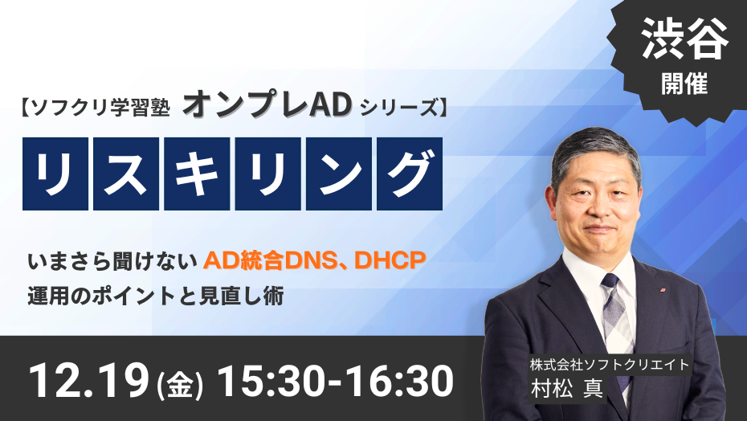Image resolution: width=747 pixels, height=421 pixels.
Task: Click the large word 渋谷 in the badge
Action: pos(684,39)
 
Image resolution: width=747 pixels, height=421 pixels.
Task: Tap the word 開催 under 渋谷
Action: pos(684,83)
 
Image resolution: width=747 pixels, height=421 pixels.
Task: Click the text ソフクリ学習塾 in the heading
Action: pos(99,108)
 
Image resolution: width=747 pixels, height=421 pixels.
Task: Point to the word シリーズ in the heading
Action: pos(398,108)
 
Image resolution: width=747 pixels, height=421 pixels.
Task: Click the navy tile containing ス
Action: pos(126,174)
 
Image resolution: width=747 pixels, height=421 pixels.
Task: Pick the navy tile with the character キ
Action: pos(197,174)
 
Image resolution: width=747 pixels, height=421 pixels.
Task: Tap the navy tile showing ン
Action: pos(338,174)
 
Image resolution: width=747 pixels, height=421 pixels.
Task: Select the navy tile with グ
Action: pos(409,174)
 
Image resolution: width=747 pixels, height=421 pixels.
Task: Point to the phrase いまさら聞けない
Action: pos(112,262)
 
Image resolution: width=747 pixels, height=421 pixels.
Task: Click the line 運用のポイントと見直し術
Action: pos(156,296)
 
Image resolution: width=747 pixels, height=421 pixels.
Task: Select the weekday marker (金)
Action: pos(180,384)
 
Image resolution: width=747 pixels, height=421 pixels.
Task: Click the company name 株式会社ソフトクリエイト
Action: pos(610,365)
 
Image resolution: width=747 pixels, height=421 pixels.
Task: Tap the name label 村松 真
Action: pos(567,388)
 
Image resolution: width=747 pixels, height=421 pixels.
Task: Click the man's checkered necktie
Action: pos(618,325)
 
